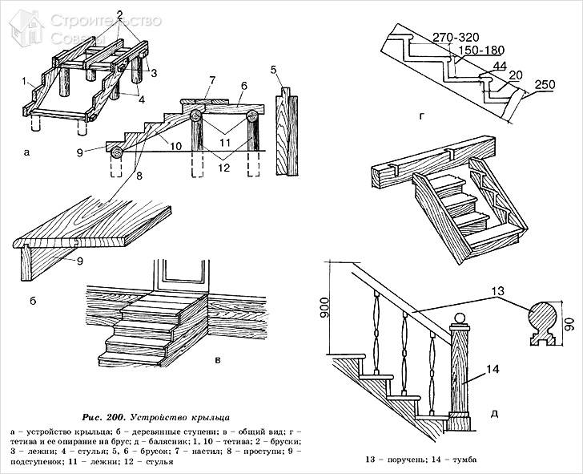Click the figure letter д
click(494, 415)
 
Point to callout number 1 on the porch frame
click(26, 81)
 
